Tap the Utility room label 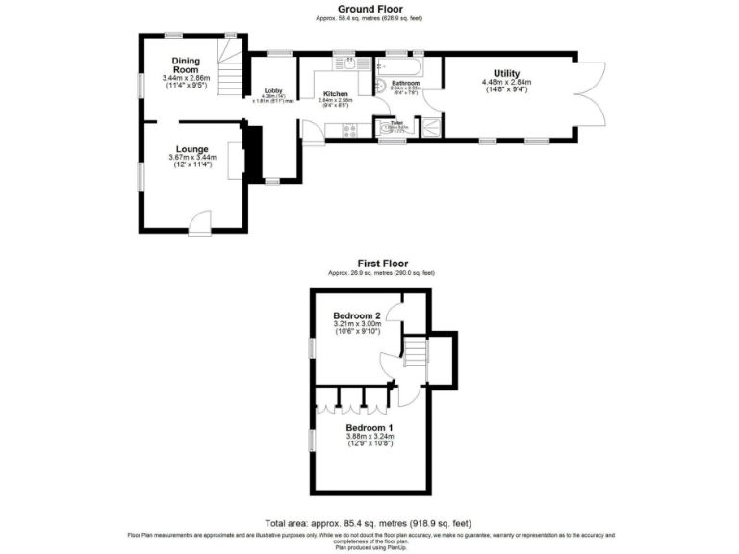(506, 73)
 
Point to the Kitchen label (335, 94)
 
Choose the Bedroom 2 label (357, 315)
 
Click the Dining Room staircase (228, 74)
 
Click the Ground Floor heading (369, 9)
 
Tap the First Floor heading (382, 263)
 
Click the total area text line (369, 523)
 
